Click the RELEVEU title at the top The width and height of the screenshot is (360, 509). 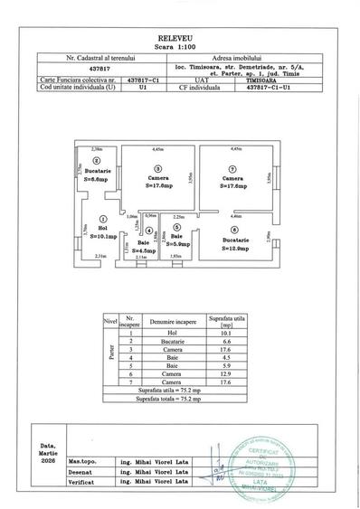click(180, 40)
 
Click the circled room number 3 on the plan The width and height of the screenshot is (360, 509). click(157, 169)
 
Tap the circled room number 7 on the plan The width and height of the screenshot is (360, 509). click(232, 169)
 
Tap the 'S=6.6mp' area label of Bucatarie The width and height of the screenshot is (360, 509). click(94, 179)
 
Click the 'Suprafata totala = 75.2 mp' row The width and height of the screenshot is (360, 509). click(179, 396)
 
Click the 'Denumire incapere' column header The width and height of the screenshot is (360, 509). click(172, 320)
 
